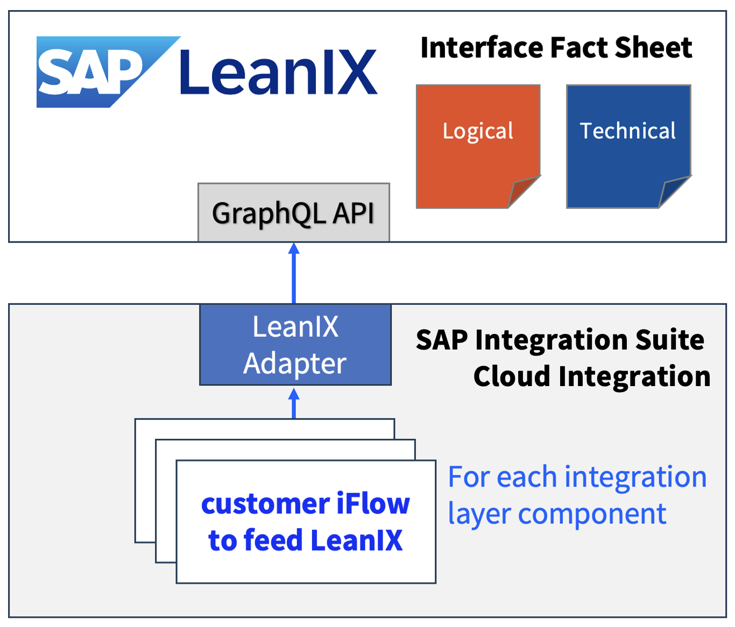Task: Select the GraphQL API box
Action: point(293,212)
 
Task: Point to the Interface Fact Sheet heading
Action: point(556,47)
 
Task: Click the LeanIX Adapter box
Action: point(295,345)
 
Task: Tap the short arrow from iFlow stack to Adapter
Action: point(294,403)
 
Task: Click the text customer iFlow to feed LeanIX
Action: point(306,522)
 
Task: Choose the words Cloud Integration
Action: point(591,376)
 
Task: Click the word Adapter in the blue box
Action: point(295,364)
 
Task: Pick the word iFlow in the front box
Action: point(373,504)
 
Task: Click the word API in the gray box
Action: point(353,213)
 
